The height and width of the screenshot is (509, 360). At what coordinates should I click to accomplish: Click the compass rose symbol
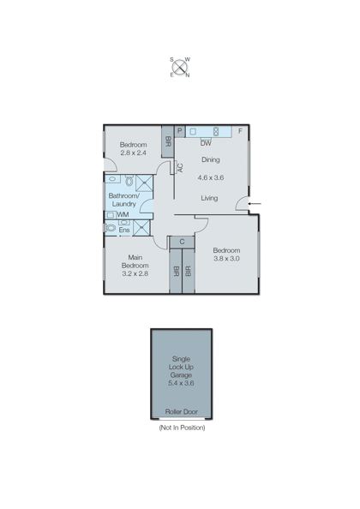pyautogui.click(x=180, y=67)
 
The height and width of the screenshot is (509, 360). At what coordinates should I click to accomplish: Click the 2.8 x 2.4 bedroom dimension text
pyautogui.click(x=133, y=155)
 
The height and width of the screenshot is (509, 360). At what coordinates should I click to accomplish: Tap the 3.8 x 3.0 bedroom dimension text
pyautogui.click(x=227, y=259)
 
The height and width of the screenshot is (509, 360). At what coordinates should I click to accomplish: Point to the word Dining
pyautogui.click(x=211, y=159)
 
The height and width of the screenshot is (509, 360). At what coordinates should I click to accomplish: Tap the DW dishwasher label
pyautogui.click(x=206, y=143)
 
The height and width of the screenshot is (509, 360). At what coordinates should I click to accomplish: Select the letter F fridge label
pyautogui.click(x=240, y=131)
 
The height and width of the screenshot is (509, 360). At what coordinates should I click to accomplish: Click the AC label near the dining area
pyautogui.click(x=179, y=168)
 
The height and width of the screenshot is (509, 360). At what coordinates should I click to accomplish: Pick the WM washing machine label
pyautogui.click(x=123, y=214)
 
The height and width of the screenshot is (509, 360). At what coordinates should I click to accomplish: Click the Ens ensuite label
pyautogui.click(x=124, y=230)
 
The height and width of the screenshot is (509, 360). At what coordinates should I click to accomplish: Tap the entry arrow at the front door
pyautogui.click(x=258, y=203)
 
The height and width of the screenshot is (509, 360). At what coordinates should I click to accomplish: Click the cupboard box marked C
pyautogui.click(x=183, y=242)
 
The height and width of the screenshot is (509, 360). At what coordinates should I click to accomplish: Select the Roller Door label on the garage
pyautogui.click(x=182, y=412)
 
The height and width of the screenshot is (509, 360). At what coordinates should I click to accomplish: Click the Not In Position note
pyautogui.click(x=182, y=427)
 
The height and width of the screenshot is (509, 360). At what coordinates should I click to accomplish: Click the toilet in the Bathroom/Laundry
pyautogui.click(x=127, y=182)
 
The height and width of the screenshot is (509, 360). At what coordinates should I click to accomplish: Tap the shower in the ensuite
pyautogui.click(x=141, y=227)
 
